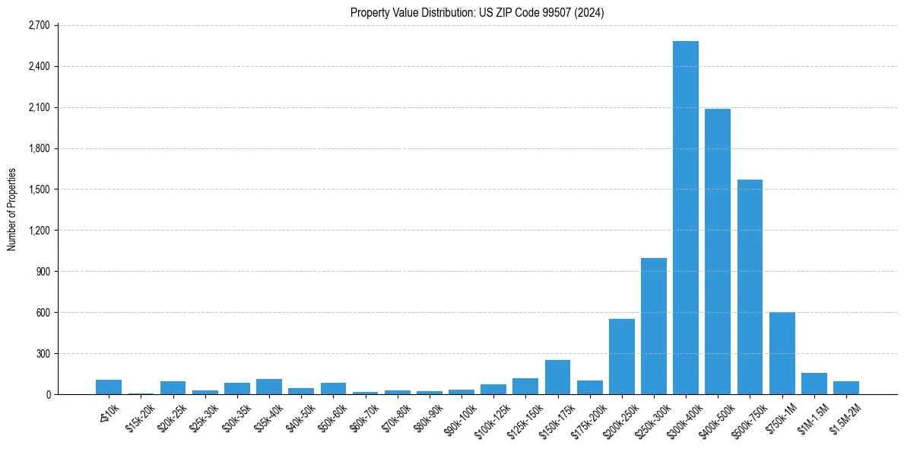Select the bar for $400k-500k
click(x=717, y=251)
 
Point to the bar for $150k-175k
click(x=557, y=377)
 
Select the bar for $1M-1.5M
click(x=814, y=384)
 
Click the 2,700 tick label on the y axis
click(x=38, y=25)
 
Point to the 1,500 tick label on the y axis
click(x=38, y=189)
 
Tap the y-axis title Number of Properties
click(x=11, y=209)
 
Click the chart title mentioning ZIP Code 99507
click(x=477, y=12)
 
